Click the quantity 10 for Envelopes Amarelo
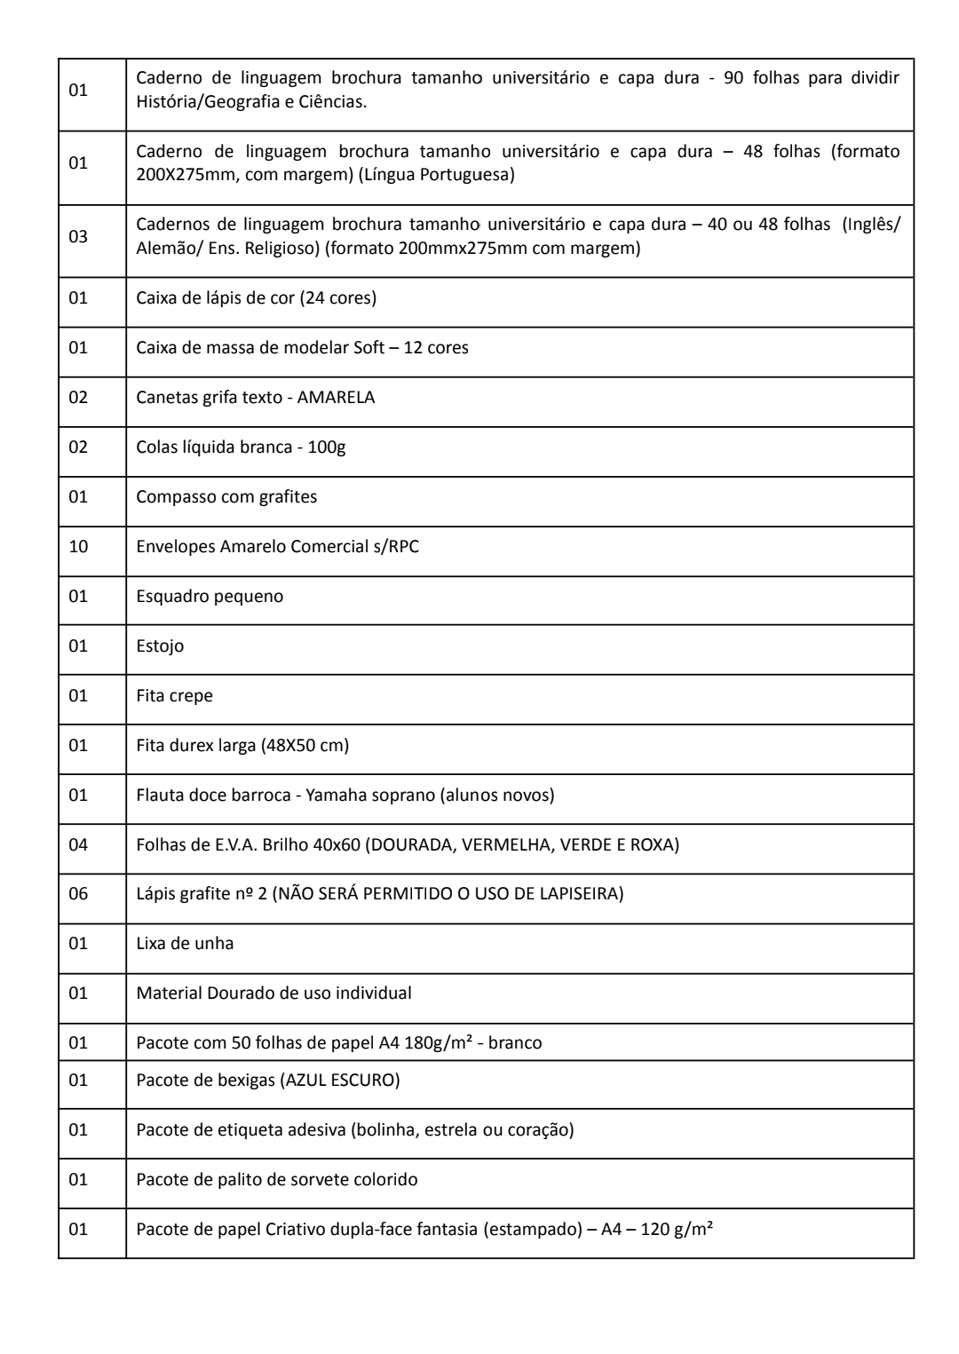tap(78, 546)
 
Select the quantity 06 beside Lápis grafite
tap(78, 893)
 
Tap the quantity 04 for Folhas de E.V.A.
tap(78, 843)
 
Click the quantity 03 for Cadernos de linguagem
tap(78, 237)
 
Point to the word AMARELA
tap(336, 397)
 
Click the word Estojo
tap(160, 645)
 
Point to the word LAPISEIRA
tap(580, 893)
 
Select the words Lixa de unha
tap(185, 943)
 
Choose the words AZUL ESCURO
tap(341, 1081)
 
